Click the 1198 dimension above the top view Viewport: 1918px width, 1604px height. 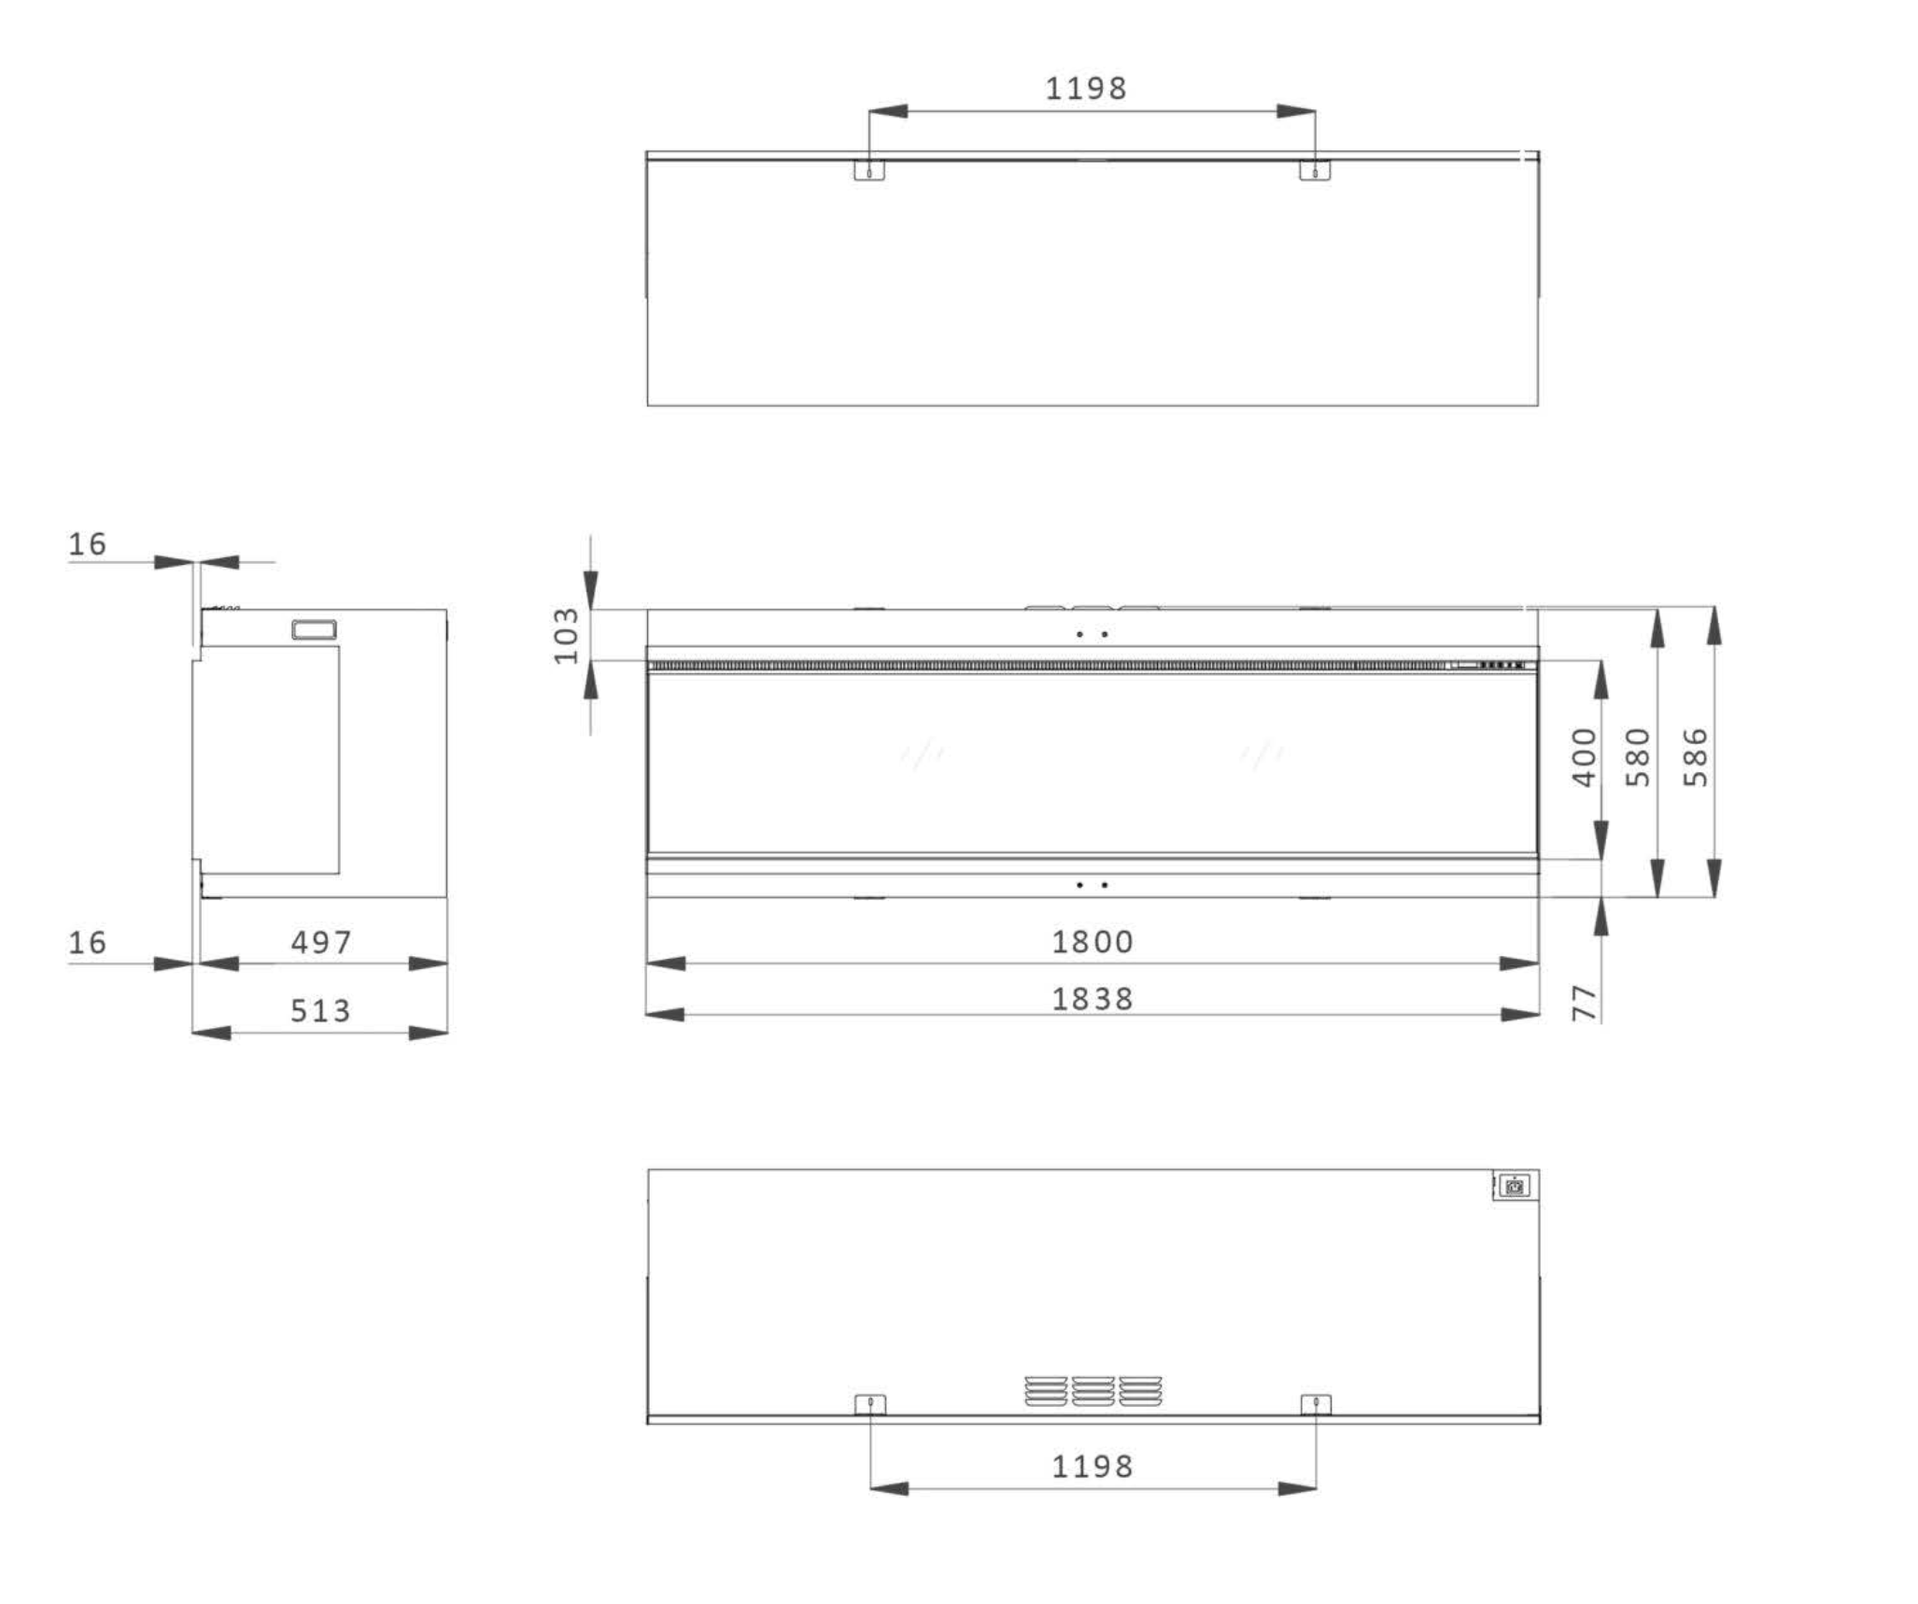coord(1086,89)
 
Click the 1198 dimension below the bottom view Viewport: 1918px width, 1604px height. coord(1093,1467)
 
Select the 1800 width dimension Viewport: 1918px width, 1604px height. coord(1093,942)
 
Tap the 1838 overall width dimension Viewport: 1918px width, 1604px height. coord(1093,1000)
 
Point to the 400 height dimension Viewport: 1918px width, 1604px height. coord(1586,757)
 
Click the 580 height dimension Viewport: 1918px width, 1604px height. coord(1639,757)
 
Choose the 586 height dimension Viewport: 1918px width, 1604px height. coord(1696,757)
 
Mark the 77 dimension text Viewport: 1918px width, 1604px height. coord(1586,1003)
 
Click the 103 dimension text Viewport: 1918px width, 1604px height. coord(567,636)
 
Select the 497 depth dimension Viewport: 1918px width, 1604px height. coord(320,943)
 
